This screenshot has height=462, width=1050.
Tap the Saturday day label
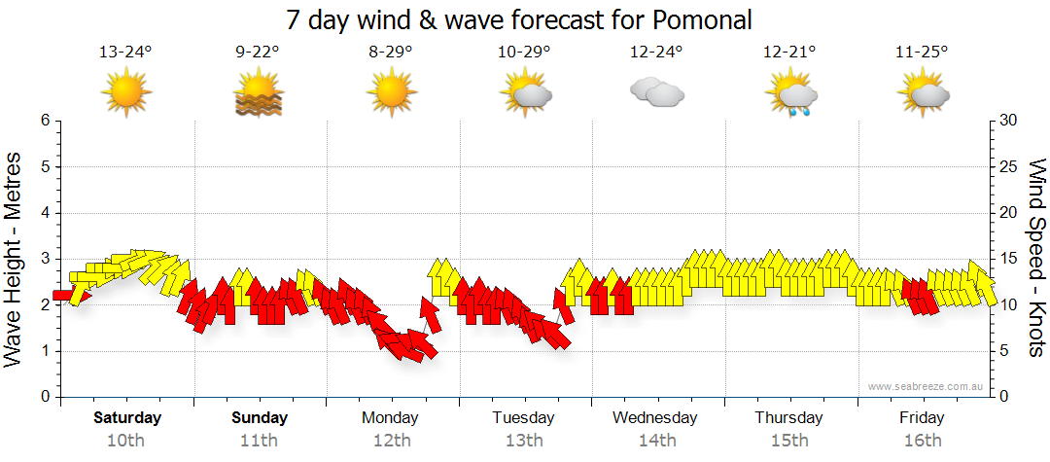126,418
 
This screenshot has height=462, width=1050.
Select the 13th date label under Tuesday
523,441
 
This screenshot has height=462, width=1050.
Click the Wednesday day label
655,418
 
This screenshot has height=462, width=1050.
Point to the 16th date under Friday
922,441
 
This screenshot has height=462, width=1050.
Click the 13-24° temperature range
126,53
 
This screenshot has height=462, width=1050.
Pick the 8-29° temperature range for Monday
391,53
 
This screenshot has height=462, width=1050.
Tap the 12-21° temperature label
789,53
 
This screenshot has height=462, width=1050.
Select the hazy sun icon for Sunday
258,94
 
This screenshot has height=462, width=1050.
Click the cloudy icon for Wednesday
656,93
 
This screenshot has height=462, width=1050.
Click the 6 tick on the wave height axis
45,121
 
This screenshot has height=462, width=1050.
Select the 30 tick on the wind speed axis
1010,121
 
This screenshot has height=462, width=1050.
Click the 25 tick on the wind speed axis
1010,166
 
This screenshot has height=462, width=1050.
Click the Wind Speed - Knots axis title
1036,259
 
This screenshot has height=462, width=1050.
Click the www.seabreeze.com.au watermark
927,386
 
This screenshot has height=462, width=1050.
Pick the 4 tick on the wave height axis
45,213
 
